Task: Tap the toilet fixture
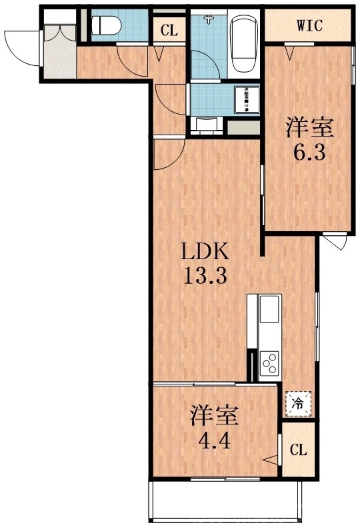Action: click(106, 25)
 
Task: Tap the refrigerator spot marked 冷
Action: click(298, 402)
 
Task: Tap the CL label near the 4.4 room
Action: click(298, 450)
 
